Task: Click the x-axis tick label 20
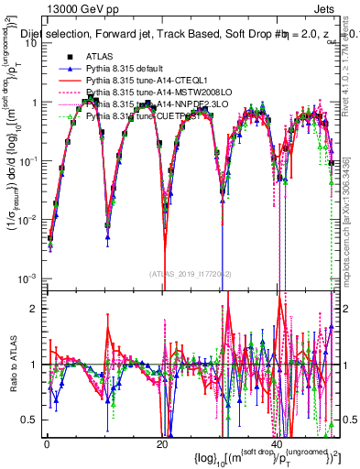162,444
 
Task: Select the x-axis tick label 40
278,444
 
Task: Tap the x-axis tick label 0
47,444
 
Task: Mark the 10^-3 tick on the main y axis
29,278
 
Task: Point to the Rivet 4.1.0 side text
353,64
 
